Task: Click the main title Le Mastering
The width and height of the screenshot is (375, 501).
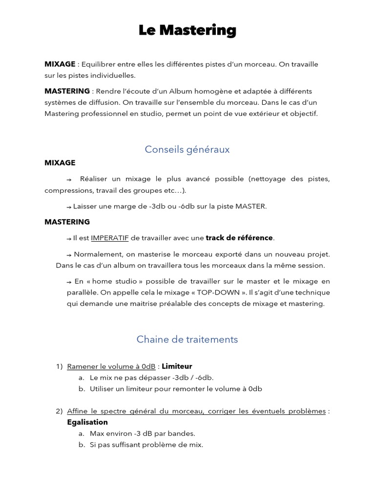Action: tap(187, 30)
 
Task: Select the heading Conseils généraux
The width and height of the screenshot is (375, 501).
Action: tap(187, 149)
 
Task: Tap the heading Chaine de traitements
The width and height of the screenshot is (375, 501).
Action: tap(187, 339)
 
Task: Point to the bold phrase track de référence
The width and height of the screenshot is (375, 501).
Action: tap(239, 238)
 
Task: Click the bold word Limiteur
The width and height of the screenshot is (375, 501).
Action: tap(177, 366)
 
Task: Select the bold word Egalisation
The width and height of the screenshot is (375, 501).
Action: tap(87, 422)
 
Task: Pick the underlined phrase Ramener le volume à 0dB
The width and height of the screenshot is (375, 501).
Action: tap(111, 366)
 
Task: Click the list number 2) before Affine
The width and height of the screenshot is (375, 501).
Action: tap(60, 411)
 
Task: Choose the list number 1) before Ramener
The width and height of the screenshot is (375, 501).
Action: tap(60, 366)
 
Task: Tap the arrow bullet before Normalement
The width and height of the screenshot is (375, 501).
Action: tap(69, 254)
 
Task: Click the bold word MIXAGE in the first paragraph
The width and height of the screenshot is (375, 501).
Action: tap(60, 64)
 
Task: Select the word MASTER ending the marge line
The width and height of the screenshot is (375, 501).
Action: tap(251, 206)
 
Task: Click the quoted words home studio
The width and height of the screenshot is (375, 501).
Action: tap(110, 281)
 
